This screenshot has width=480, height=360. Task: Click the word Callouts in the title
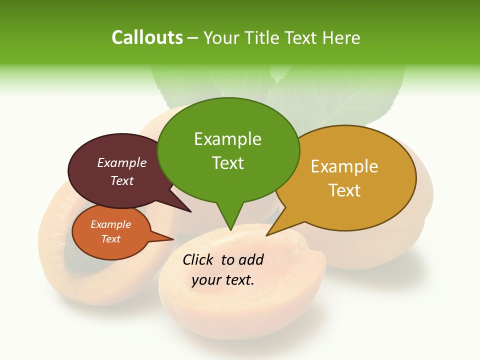pos(147,37)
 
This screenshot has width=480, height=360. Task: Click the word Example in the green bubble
pos(227,139)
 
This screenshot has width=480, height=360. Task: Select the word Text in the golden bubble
pos(344,190)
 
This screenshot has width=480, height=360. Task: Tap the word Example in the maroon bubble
pos(122,162)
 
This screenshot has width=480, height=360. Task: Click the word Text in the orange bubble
pos(111,239)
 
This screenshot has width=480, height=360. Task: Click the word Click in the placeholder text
pos(199,259)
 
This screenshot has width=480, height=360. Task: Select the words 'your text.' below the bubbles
pos(223,280)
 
